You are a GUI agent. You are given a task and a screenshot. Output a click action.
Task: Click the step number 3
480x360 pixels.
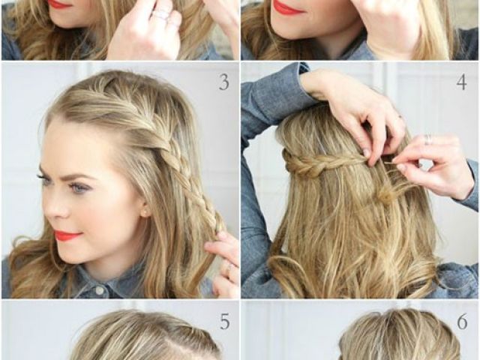(224, 82)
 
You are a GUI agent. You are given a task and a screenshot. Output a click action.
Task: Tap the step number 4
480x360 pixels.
(462, 82)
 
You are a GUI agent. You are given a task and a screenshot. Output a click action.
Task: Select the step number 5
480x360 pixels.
(225, 322)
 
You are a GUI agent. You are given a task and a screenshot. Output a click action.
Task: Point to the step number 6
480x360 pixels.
(462, 322)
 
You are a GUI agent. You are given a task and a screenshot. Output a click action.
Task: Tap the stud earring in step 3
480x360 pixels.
(144, 211)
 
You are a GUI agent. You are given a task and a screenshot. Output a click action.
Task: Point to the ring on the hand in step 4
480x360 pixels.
(428, 139)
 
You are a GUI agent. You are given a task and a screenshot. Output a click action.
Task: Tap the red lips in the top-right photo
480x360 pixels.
(288, 7)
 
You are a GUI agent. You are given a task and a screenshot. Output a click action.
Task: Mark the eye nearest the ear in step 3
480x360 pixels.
(77, 187)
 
